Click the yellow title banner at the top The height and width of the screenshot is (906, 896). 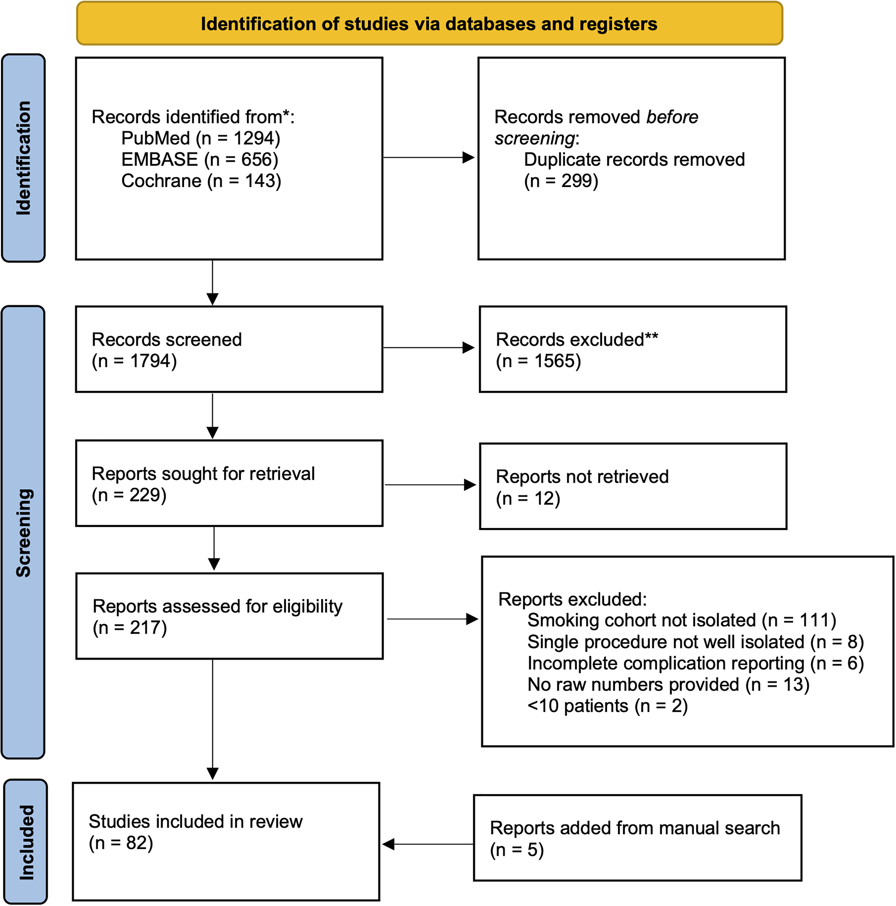click(x=429, y=23)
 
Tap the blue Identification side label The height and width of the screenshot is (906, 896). click(x=23, y=158)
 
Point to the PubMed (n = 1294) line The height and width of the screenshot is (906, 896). click(x=201, y=138)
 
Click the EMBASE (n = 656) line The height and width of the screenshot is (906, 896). click(x=200, y=160)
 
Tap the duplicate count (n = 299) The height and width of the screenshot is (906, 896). click(x=561, y=181)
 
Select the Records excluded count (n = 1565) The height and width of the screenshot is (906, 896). click(x=539, y=361)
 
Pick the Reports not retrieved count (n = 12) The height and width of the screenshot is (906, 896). click(x=528, y=499)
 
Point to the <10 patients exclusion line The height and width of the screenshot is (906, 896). click(x=608, y=706)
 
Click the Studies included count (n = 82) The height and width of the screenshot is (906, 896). click(x=121, y=843)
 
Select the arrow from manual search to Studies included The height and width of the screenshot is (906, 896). click(x=428, y=844)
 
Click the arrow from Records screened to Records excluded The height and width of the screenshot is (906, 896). click(x=429, y=347)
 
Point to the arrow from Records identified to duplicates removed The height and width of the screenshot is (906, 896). click(x=429, y=157)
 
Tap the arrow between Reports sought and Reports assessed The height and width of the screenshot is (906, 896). click(x=214, y=548)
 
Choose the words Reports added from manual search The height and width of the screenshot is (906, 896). click(x=635, y=828)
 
